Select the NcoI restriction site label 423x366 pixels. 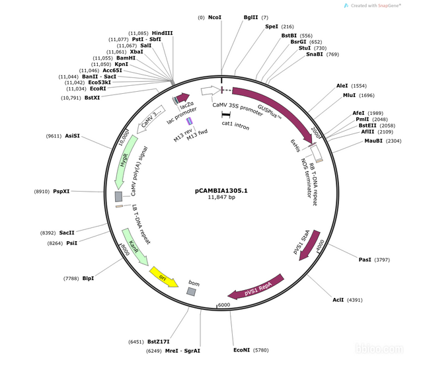pyautogui.click(x=215, y=17)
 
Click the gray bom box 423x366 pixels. pyautogui.click(x=191, y=291)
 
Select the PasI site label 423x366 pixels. pyautogui.click(x=365, y=260)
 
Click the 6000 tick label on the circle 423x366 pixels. pyautogui.click(x=223, y=305)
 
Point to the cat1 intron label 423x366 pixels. pyautogui.click(x=236, y=125)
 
